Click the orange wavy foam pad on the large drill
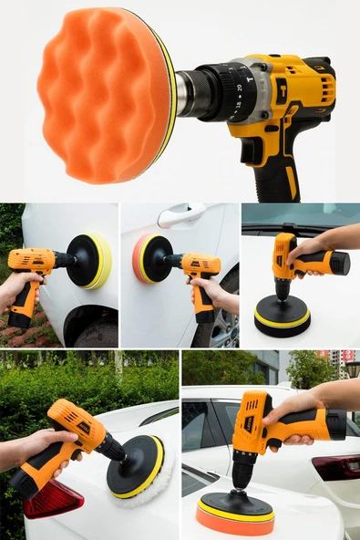pyautogui.click(x=100, y=95)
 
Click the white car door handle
pyautogui.click(x=180, y=217)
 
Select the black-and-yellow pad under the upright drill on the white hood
pyautogui.click(x=282, y=316)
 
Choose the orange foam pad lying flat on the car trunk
pyautogui.click(x=235, y=517)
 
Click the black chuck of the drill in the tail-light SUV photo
pyautogui.click(x=242, y=473)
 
